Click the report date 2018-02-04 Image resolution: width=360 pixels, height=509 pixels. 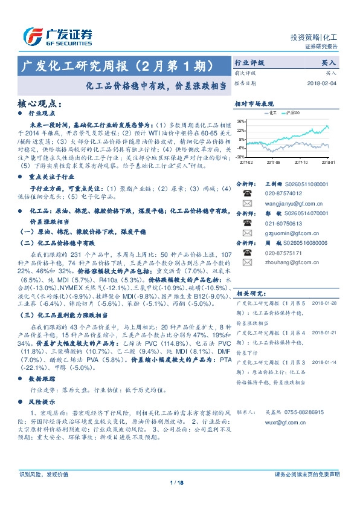(321, 83)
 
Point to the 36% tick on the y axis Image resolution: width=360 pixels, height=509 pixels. (241, 121)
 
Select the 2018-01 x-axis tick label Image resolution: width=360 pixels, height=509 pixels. (329, 162)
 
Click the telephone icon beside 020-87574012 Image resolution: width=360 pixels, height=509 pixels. (247, 193)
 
